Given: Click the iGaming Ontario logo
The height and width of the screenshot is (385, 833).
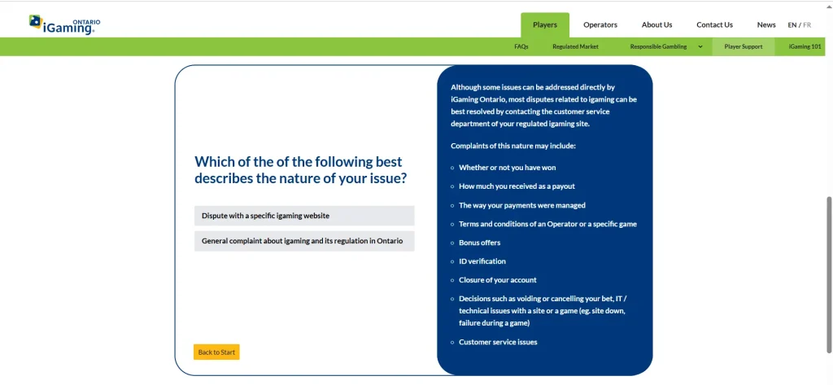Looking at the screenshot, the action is click(x=64, y=25).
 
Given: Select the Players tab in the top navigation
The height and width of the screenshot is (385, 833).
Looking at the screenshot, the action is click(x=544, y=25).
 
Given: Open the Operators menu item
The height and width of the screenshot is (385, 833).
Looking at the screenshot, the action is click(x=600, y=25).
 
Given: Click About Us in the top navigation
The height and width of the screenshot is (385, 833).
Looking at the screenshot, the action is click(x=656, y=25).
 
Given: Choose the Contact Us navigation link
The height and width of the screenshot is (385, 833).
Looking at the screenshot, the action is click(x=714, y=25).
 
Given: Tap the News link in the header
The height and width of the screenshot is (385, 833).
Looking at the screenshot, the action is click(x=766, y=25).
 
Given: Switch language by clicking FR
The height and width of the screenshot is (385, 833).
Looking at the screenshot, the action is click(x=807, y=25).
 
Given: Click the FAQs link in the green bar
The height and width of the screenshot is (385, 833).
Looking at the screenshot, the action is click(x=521, y=46).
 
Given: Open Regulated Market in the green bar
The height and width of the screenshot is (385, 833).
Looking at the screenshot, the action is click(x=575, y=46).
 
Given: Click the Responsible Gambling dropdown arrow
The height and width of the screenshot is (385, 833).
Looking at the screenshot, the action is click(x=700, y=46).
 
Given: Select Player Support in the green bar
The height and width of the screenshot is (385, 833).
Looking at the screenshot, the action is click(x=744, y=46).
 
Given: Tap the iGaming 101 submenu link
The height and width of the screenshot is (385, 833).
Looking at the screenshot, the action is click(x=805, y=46).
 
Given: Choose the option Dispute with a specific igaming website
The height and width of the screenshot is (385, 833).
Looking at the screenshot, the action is click(x=304, y=216).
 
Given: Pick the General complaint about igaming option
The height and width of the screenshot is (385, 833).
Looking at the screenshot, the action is click(x=304, y=241).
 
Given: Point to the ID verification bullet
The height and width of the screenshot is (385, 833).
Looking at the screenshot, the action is click(x=482, y=261).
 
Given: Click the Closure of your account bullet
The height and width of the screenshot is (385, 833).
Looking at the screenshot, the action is click(x=498, y=280).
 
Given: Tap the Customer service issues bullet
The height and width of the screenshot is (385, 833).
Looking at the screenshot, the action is click(x=498, y=342).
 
